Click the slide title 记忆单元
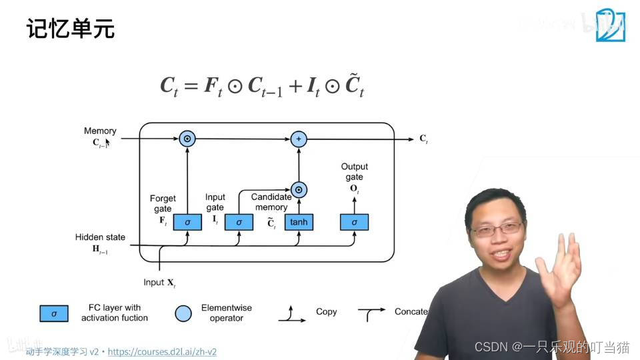[71, 29]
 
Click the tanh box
[299, 222]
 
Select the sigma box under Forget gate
[187, 222]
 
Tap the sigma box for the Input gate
[239, 222]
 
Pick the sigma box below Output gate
[354, 222]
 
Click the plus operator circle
[299, 139]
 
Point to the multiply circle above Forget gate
[187, 139]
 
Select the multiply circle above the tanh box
[299, 189]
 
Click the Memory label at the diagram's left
[100, 131]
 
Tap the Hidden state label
[100, 237]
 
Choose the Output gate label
[354, 171]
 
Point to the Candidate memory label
[271, 202]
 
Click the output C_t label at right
[423, 139]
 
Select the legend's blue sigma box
[54, 313]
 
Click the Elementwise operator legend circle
[183, 313]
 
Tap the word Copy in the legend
[327, 312]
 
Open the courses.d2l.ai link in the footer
[162, 351]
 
